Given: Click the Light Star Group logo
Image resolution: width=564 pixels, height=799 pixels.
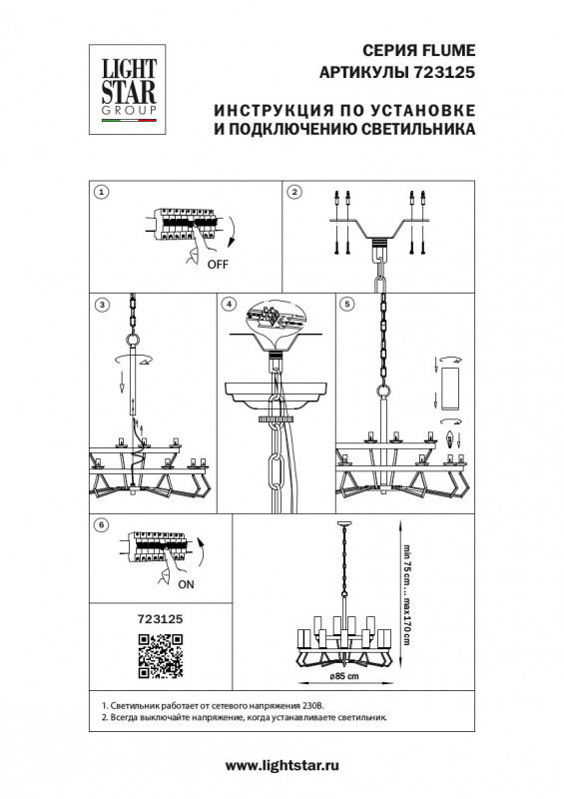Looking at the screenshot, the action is pos(128,90).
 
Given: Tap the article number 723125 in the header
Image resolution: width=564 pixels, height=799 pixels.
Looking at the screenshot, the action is pos(442,72).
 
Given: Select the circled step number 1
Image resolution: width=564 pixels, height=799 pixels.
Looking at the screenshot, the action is pos(103,192).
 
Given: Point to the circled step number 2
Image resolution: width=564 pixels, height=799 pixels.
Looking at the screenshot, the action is pos(294,192).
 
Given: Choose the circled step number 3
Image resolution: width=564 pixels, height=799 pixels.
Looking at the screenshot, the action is pos(103,305).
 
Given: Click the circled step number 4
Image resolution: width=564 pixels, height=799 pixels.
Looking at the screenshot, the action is pos(230,305).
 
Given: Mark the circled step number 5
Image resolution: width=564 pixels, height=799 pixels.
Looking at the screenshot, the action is pos(347,305).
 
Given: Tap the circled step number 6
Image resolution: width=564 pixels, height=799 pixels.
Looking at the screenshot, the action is pos(103,524).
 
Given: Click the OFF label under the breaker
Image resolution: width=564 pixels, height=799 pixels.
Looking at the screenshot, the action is pos(218,265).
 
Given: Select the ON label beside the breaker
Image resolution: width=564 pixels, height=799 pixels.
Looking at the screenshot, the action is pos(186,584).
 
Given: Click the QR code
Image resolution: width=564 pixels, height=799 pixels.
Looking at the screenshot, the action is pos(161,656).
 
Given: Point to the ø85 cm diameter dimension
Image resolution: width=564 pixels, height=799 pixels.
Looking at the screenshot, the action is pos(344,676).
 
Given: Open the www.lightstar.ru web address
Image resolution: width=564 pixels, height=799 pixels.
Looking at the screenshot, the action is pos(282,766).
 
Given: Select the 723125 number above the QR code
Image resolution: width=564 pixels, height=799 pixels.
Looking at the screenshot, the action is pos(161,619).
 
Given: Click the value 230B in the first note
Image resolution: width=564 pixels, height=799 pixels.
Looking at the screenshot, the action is pos(313,706).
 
